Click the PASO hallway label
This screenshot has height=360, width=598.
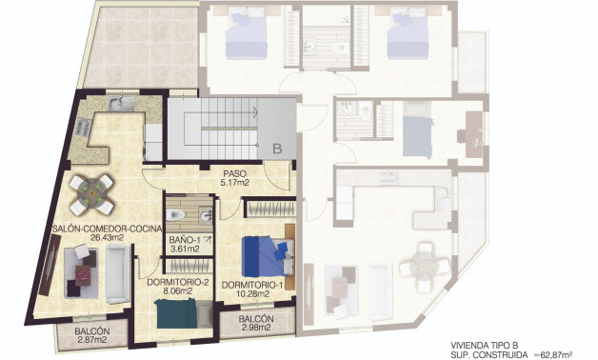point(234,172)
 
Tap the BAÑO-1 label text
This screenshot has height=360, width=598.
point(185,240)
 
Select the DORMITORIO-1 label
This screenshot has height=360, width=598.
point(252,285)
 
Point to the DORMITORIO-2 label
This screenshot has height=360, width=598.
point(178,282)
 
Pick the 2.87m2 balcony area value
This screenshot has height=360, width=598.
point(91,339)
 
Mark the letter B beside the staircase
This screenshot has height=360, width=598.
point(276,149)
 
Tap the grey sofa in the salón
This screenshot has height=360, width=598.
point(117,272)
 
